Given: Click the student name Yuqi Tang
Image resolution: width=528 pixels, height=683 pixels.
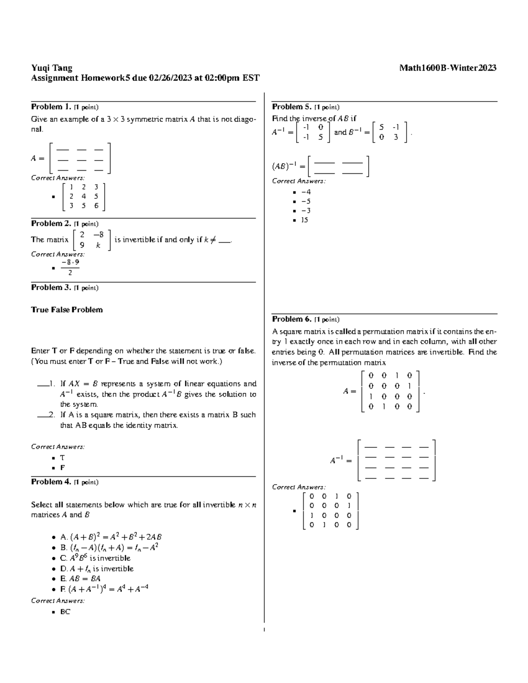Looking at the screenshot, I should pos(51,68).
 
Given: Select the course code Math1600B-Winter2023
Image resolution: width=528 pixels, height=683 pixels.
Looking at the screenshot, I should pos(447,68).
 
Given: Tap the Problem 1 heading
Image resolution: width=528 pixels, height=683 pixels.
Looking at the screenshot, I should pos(51,107).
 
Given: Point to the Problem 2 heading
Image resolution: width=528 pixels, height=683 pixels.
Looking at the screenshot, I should pos(51,223).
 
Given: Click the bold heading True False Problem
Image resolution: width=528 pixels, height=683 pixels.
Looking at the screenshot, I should pos(67,310).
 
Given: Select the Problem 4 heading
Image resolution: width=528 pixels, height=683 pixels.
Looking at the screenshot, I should pos(51,482).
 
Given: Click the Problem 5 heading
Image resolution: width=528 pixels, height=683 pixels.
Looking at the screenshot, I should pos(292,107).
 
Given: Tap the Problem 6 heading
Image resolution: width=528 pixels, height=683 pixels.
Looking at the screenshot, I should pos(292,319).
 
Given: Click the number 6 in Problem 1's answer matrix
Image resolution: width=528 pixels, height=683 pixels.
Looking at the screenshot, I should pos(96,206).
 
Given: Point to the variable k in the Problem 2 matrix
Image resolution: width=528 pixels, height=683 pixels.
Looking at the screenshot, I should pos(98,245).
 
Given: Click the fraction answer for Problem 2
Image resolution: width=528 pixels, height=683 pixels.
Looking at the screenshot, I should pos(70,267).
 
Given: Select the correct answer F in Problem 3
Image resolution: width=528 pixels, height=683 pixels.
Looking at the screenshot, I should pos(62,468).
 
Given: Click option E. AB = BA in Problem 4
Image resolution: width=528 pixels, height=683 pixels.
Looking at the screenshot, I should pos(81,579).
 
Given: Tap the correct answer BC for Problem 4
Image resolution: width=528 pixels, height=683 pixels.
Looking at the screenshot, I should pos(65,612).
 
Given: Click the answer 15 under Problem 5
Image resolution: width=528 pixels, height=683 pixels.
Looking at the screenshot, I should pos(304,220).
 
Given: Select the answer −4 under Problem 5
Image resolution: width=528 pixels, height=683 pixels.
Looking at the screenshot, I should pos(306,192).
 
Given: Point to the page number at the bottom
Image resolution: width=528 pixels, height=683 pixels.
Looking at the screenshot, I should pos(264,630).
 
